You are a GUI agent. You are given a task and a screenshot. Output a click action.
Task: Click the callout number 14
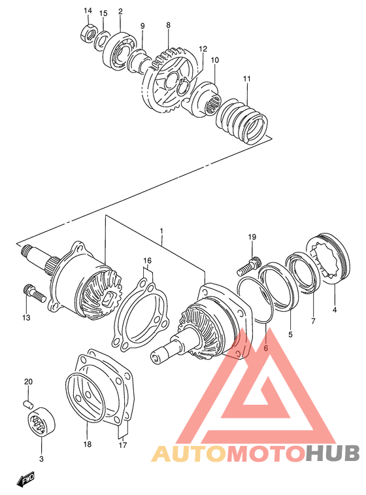(88, 10)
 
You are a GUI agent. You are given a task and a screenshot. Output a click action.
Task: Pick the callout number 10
(214, 60)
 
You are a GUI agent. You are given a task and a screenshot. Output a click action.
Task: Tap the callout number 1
(160, 231)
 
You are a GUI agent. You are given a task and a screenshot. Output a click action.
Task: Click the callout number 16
(148, 261)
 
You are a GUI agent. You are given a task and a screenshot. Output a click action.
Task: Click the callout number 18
(88, 444)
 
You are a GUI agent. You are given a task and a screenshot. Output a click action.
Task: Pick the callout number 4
(335, 310)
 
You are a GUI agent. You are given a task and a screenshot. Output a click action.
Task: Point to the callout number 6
(266, 349)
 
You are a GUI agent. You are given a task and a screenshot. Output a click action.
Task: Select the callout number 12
(203, 49)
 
